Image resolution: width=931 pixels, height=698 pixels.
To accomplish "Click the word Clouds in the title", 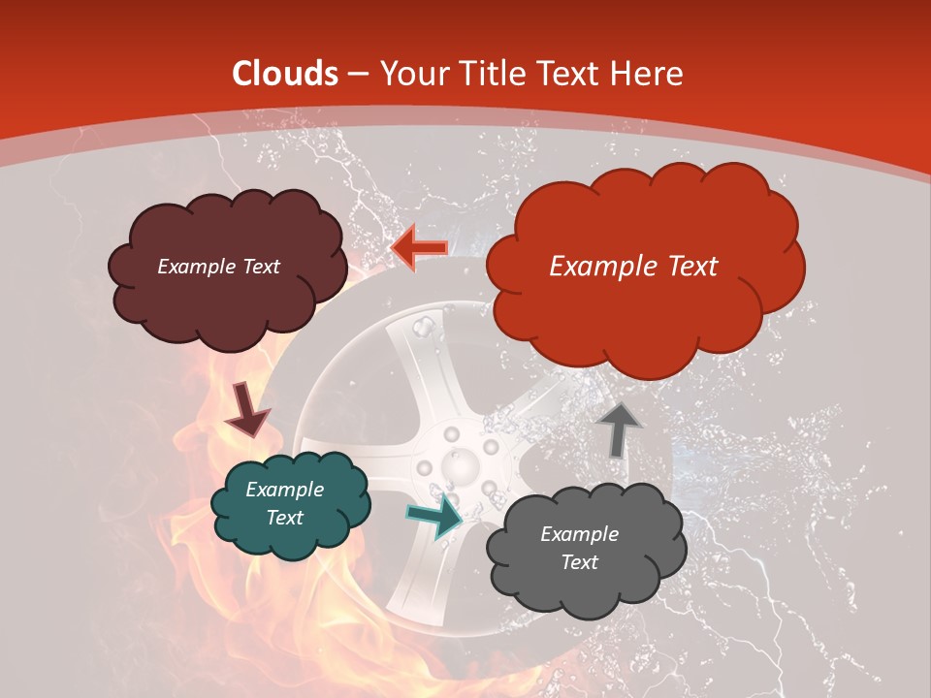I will pyautogui.click(x=285, y=74).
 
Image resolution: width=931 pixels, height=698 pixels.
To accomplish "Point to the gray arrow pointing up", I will pyautogui.click(x=619, y=430).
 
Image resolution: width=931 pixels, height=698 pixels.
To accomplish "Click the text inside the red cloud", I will pyautogui.click(x=633, y=267).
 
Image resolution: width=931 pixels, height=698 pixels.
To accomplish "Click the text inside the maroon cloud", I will pyautogui.click(x=218, y=267).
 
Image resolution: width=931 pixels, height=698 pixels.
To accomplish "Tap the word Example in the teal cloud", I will pyautogui.click(x=284, y=490).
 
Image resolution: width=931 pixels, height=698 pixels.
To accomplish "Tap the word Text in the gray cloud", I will pyautogui.click(x=579, y=562).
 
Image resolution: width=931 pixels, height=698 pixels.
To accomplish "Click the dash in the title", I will pyautogui.click(x=358, y=74).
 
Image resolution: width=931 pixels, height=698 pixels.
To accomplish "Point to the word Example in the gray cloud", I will pyautogui.click(x=579, y=534).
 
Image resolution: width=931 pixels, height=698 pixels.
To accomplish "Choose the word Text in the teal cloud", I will pyautogui.click(x=284, y=518).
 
